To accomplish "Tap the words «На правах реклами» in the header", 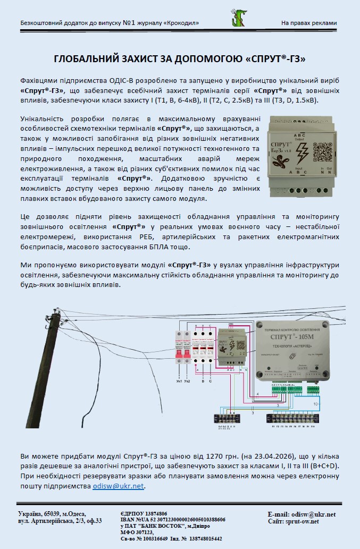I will coord(309,23).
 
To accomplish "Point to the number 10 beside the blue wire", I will coord(315,404).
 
